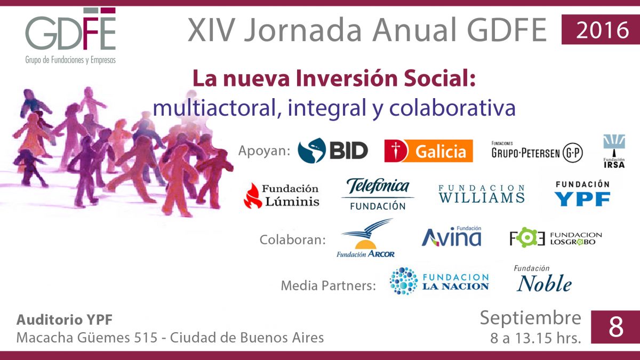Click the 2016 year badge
(601, 29)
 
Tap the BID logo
(333, 150)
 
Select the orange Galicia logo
(428, 151)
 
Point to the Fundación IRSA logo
(614, 151)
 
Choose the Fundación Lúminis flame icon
(253, 196)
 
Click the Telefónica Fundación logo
(378, 194)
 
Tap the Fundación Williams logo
(482, 194)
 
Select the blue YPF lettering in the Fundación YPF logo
(582, 199)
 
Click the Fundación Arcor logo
(366, 238)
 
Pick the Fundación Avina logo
(451, 236)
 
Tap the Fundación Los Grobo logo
(556, 238)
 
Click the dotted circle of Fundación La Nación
(403, 281)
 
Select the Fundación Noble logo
(544, 279)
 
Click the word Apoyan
(265, 150)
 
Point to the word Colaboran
(293, 239)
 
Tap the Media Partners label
(329, 285)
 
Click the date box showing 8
(615, 327)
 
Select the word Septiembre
(531, 318)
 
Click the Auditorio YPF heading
(65, 319)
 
